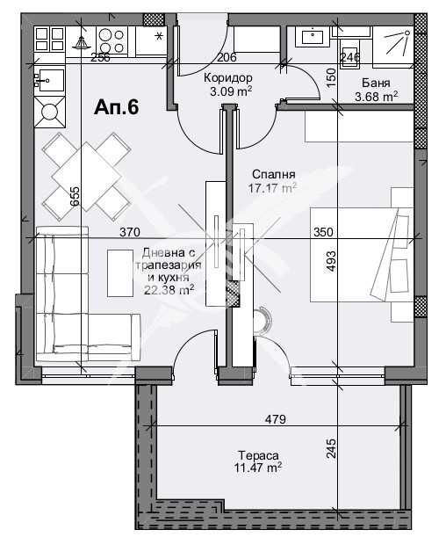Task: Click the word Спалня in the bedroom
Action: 272,174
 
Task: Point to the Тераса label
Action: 257,456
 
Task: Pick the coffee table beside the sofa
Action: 119,272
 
